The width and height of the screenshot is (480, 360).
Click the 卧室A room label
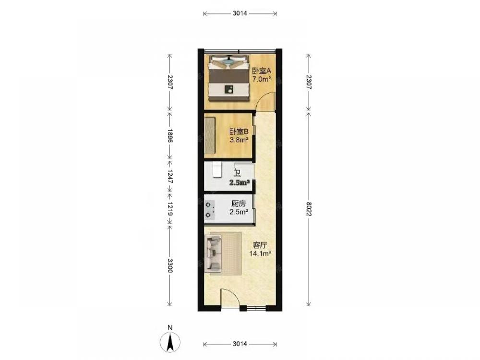point(262,71)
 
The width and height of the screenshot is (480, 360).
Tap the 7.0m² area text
point(262,79)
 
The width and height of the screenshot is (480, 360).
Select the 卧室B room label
point(239,132)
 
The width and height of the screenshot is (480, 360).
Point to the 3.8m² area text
point(239,140)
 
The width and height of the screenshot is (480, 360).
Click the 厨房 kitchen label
point(239,204)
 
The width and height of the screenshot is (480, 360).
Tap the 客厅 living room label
point(260,245)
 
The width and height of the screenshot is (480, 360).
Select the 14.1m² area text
point(260,253)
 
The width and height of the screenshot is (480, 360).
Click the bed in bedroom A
point(228,78)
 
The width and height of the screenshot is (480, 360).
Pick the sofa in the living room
point(214,254)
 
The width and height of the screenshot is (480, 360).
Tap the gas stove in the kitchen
point(209,210)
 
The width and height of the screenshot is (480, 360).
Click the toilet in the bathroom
point(217,170)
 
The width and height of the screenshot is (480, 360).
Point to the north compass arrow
point(170,342)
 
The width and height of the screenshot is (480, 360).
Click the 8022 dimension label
point(309,209)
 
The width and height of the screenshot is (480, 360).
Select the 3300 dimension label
point(170,266)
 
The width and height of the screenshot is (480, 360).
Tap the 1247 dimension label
point(170,177)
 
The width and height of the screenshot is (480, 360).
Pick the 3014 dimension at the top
point(240,13)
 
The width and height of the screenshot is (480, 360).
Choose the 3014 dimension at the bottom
point(240,344)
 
